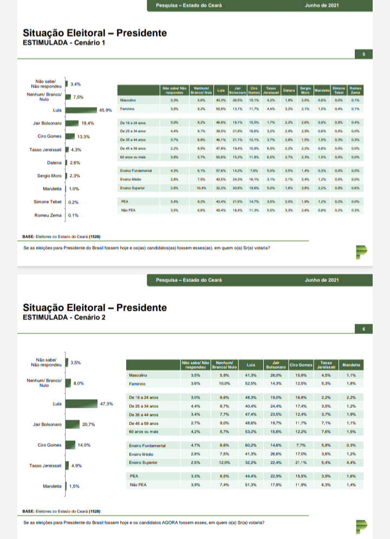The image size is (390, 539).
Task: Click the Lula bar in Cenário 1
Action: point(81,110)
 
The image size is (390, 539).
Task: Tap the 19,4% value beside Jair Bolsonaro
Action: point(88,123)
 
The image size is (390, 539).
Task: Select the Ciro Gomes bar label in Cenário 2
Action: point(50,445)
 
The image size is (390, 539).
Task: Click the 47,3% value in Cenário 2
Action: point(107,404)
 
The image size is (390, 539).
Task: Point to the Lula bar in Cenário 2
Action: point(81,404)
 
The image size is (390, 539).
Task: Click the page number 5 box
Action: point(363,54)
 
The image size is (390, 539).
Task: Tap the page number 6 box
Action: point(363,329)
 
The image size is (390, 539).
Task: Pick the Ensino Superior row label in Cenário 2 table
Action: point(143,462)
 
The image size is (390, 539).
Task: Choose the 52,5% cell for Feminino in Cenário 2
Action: point(250,383)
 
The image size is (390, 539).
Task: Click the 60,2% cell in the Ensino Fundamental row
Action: point(250,445)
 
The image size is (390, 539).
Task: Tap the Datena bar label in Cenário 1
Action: point(54,162)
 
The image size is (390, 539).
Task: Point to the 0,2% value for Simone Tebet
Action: point(74,202)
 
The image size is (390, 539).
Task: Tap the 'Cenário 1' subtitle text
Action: point(84,43)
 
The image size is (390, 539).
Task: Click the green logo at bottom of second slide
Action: point(361,525)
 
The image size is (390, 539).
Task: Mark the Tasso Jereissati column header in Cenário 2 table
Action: point(326,364)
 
